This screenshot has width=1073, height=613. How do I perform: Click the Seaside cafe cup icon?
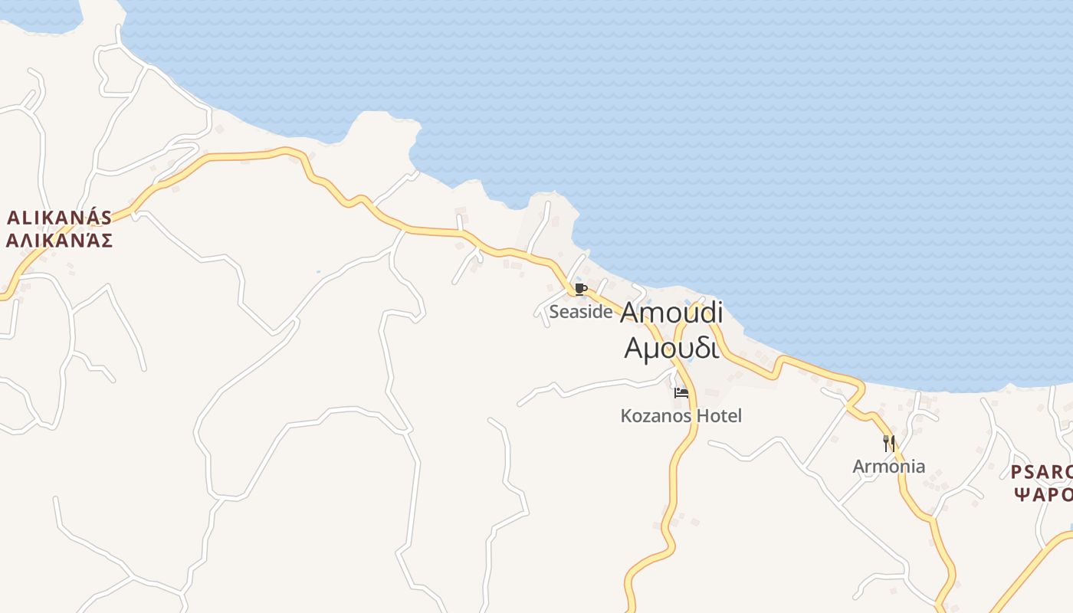pyautogui.click(x=580, y=289)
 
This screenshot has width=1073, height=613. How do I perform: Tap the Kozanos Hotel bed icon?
pyautogui.click(x=681, y=393)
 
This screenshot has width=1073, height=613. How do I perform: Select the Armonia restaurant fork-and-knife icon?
pyautogui.click(x=889, y=443)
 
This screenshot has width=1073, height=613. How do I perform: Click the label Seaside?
pyautogui.click(x=581, y=312)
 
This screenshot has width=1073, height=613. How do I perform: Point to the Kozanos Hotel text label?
pyautogui.click(x=681, y=416)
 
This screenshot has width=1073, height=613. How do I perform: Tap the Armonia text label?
pyautogui.click(x=889, y=466)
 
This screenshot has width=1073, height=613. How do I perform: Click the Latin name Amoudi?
pyautogui.click(x=671, y=313)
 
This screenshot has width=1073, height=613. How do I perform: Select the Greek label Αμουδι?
pyautogui.click(x=671, y=347)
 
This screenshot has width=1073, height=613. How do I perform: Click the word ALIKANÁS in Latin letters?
pyautogui.click(x=60, y=218)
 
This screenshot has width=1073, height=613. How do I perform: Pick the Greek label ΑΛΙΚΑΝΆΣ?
pyautogui.click(x=60, y=241)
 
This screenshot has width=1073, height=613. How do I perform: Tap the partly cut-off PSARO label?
pyautogui.click(x=1041, y=471)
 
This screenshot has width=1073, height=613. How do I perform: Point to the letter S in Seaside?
pyautogui.click(x=554, y=312)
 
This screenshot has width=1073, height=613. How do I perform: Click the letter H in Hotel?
pyautogui.click(x=702, y=416)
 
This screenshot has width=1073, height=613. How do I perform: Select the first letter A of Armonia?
pyautogui.click(x=859, y=466)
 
